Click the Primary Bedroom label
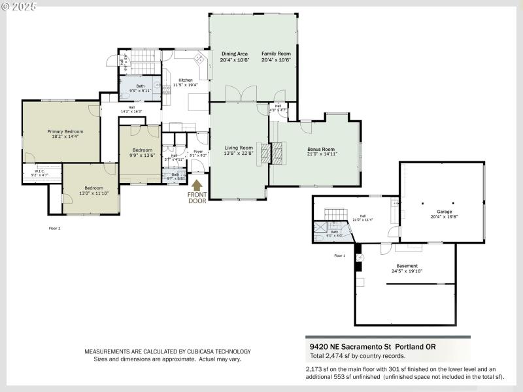[65, 131]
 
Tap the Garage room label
[444, 212]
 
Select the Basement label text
[406, 266]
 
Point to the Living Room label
[238, 148]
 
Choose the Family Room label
[276, 54]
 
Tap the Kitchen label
[186, 80]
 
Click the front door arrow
[197, 186]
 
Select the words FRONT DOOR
[197, 198]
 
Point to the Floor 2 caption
[54, 229]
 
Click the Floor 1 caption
[339, 255]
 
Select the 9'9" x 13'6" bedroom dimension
[142, 155]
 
